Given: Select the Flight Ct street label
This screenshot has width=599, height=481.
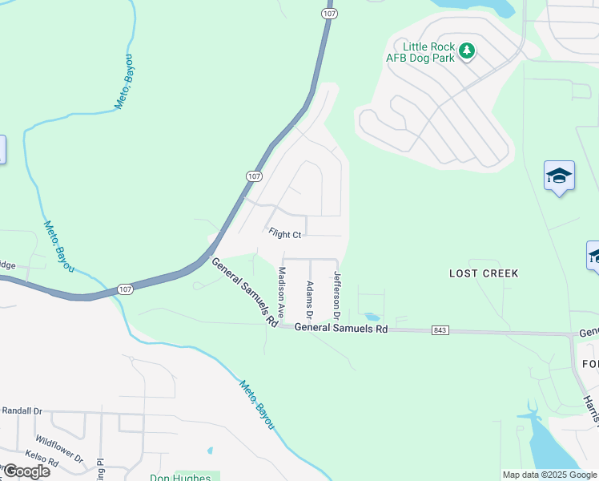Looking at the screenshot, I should coord(284,234).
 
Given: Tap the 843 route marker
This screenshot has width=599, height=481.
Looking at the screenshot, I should coord(439,329).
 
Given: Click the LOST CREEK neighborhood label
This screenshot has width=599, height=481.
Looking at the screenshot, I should coord(484,273).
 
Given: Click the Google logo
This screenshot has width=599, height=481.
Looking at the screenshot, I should coord(26,471).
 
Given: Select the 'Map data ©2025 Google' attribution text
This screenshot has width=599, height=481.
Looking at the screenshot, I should coord(549,475).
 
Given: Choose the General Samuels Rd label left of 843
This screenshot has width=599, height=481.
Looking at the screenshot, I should coord(340,328).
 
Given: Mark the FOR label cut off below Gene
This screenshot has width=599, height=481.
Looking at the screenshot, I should coord(589,363).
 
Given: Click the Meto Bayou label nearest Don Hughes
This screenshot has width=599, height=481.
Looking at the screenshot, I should coord(255,402).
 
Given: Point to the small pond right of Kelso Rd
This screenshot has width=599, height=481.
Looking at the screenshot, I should coord(210,451).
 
